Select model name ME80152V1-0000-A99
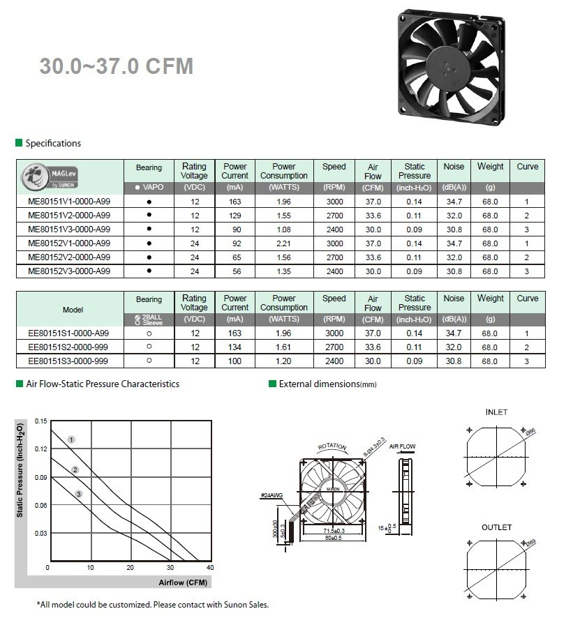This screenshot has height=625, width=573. tap(69, 243)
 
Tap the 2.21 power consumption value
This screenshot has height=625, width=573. tap(283, 243)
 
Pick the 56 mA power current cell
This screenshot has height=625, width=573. tap(235, 271)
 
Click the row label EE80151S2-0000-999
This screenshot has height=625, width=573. tap(69, 347)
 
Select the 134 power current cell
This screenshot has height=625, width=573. tap(235, 347)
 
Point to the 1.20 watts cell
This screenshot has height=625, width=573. tap(283, 361)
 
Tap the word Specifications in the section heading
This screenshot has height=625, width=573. tap(53, 144)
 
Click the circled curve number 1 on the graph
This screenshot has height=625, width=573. tap(71, 439)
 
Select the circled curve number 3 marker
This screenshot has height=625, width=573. tap(80, 494)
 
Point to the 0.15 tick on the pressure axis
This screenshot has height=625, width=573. tap(40, 421)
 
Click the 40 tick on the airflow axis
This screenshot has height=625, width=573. tap(210, 568)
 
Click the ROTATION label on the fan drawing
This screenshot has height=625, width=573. tap(332, 447)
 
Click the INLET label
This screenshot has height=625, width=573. tap(496, 412)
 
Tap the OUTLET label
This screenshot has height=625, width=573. tap(496, 527)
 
